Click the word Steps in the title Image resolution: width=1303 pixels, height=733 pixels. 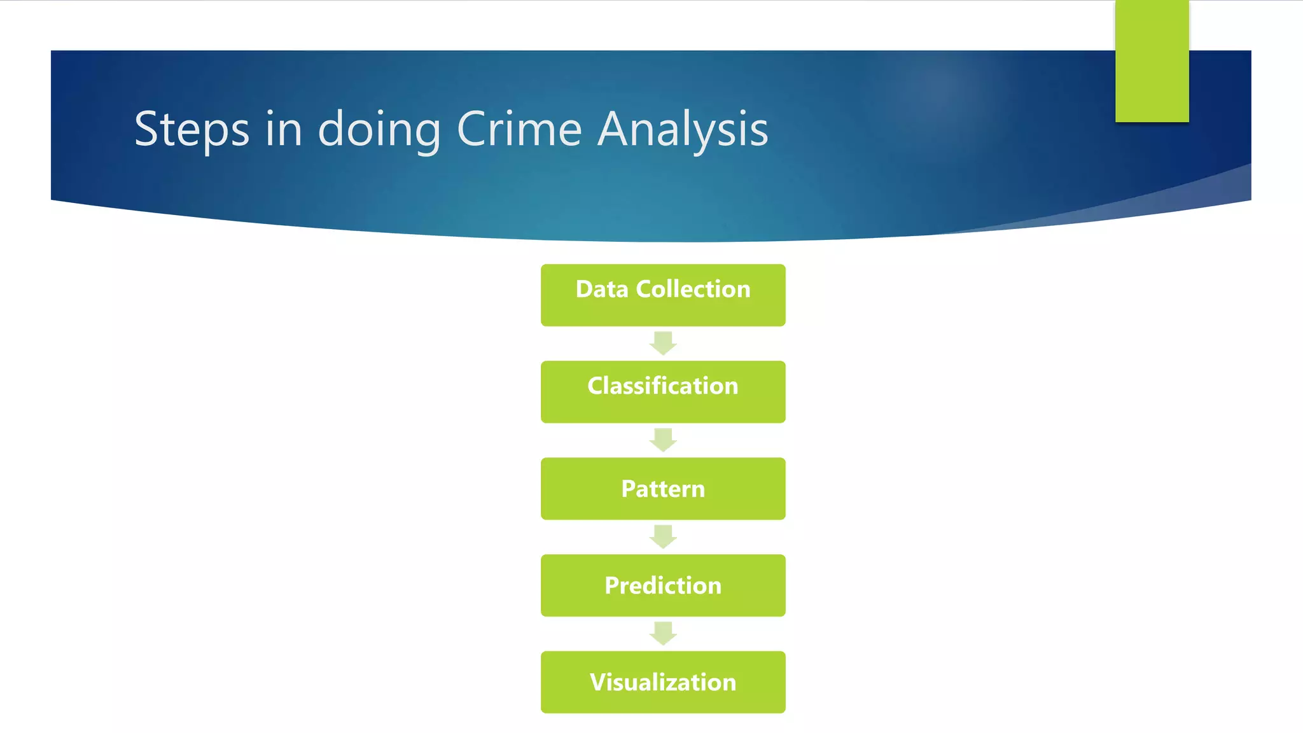click(x=192, y=130)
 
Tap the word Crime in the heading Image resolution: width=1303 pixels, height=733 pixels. click(x=519, y=129)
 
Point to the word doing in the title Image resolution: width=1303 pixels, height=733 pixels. click(x=379, y=129)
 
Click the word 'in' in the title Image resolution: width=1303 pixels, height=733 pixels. click(x=283, y=129)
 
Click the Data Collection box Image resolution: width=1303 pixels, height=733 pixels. click(x=663, y=295)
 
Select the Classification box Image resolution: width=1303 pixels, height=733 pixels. click(x=663, y=392)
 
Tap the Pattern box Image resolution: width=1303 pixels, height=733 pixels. click(x=663, y=489)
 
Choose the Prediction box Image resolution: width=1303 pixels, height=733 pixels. click(x=663, y=585)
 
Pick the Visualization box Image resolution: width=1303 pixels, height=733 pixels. click(x=663, y=682)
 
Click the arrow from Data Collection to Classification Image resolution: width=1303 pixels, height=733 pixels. click(x=663, y=344)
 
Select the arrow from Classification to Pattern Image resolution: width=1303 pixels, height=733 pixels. click(x=663, y=440)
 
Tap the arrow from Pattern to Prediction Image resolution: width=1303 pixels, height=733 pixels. click(x=663, y=537)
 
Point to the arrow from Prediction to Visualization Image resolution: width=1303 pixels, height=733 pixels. click(x=663, y=634)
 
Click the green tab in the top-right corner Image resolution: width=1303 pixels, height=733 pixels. click(x=1152, y=61)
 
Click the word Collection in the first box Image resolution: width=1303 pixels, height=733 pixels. click(x=693, y=290)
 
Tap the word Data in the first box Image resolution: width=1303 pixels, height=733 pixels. click(x=602, y=290)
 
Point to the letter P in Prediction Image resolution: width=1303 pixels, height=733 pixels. click(x=612, y=586)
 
